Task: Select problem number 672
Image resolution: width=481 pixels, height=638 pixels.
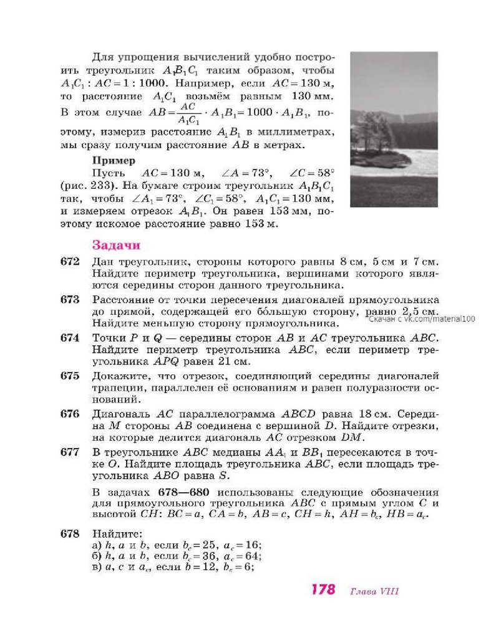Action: tap(70, 262)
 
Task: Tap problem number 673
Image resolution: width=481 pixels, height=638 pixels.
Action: tap(70, 300)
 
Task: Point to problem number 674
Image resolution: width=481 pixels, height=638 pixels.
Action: tap(70, 338)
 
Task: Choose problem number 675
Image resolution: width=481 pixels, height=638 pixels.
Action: tap(70, 376)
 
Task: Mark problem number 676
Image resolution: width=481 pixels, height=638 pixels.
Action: tap(70, 414)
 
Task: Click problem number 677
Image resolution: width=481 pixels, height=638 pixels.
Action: tap(70, 452)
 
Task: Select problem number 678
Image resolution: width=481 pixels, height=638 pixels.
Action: tap(70, 533)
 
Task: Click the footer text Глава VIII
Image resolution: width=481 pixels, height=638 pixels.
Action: tap(374, 591)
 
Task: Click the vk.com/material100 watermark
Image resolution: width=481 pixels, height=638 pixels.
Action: tap(422, 318)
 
